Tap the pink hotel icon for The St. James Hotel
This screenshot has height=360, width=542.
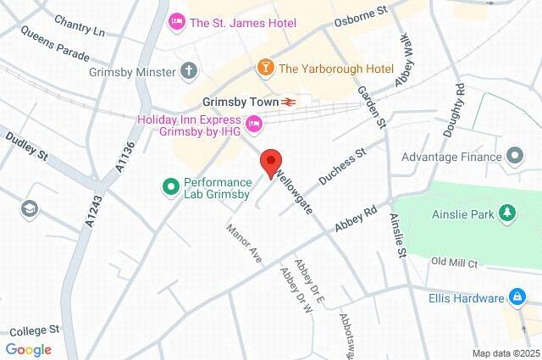tap(177, 20)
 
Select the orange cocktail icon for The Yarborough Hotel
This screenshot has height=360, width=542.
tap(265, 67)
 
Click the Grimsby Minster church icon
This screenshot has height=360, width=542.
tap(187, 71)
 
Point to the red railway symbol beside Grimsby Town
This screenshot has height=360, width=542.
tap(290, 102)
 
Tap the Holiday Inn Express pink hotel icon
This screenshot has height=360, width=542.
tap(253, 126)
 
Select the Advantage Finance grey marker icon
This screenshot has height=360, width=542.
tap(514, 156)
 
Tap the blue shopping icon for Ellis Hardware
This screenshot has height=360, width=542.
tap(515, 297)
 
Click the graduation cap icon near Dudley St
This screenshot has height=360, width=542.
tap(30, 208)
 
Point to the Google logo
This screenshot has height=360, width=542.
tap(28, 350)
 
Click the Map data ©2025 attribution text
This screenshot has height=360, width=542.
tap(505, 353)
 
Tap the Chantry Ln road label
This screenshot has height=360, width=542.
tap(79, 25)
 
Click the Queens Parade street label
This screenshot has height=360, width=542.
tap(47, 53)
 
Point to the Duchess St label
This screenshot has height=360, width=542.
tap(341, 166)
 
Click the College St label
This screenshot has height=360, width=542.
tap(31, 330)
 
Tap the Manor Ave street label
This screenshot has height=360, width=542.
tap(243, 242)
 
